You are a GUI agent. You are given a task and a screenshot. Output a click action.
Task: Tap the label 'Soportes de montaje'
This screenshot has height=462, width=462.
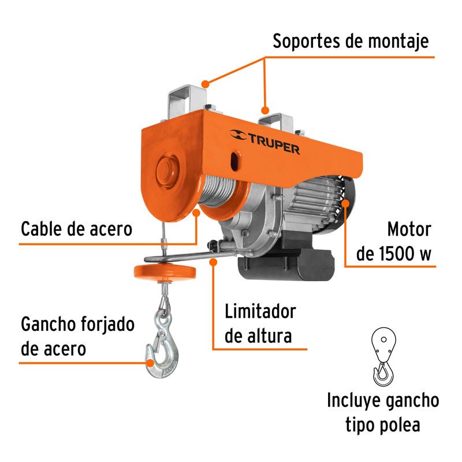tap(351, 41)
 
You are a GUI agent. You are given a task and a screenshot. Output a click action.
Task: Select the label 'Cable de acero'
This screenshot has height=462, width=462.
tap(77, 229)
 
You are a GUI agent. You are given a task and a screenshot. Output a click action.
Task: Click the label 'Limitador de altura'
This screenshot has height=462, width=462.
tap(260, 323)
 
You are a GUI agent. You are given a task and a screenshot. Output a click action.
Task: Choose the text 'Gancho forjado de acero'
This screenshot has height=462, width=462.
tap(78, 336)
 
